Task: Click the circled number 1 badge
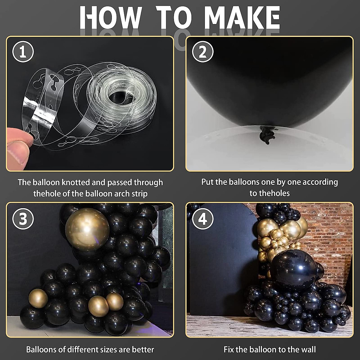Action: click(23, 52)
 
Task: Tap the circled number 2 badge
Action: click(203, 52)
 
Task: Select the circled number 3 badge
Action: click(23, 219)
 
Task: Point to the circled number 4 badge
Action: click(203, 219)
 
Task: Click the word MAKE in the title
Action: click(242, 18)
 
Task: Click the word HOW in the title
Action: click(110, 18)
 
